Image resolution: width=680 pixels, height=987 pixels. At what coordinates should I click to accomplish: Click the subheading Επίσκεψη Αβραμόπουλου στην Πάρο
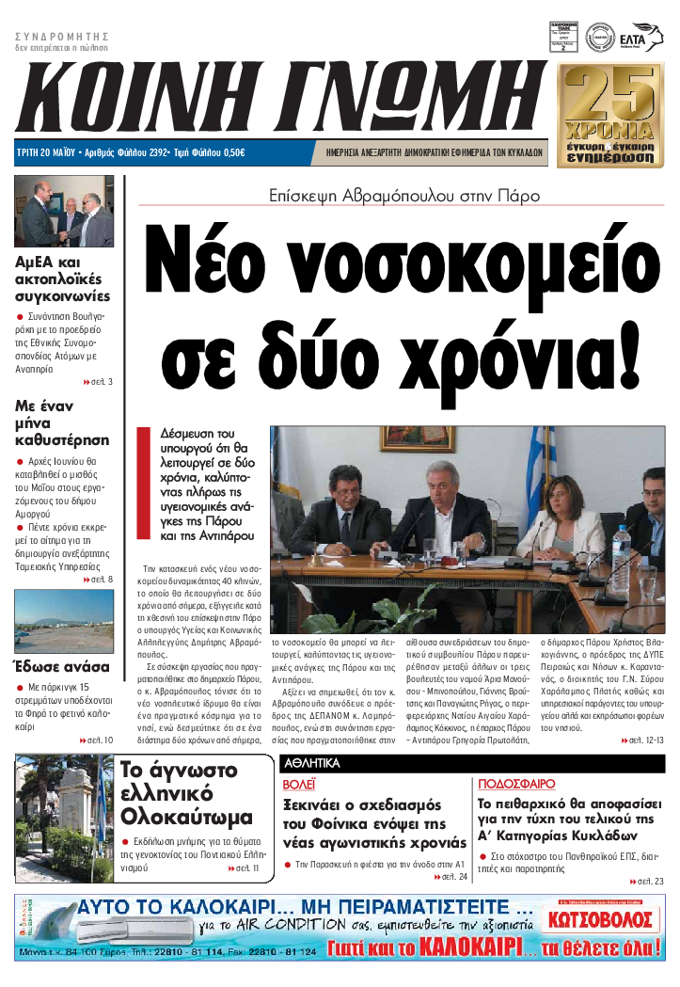[x=403, y=197]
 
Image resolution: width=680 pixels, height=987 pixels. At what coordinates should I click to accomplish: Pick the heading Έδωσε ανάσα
[x=60, y=667]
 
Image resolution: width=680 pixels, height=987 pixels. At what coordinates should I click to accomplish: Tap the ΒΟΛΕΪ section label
[x=300, y=783]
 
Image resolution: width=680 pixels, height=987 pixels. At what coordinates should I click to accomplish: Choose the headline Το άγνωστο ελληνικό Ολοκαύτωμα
[x=187, y=794]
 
